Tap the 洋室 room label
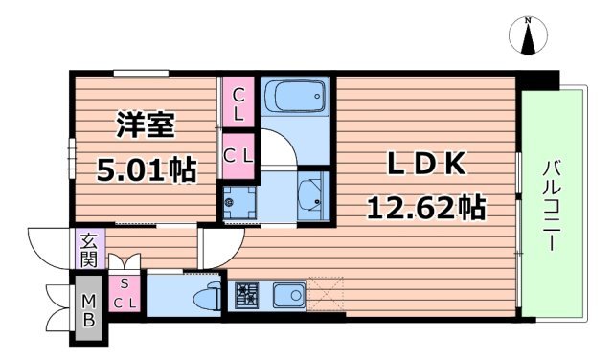pyautogui.click(x=146, y=126)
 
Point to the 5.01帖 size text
pyautogui.click(x=148, y=169)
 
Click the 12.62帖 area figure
pyautogui.click(x=423, y=206)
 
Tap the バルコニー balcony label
pyautogui.click(x=552, y=205)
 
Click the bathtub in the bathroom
pyautogui.click(x=294, y=98)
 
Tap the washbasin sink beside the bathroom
pyautogui.click(x=312, y=194)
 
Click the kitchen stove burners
pyautogui.click(x=245, y=294)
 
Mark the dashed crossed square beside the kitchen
pyautogui.click(x=325, y=294)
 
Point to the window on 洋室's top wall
pyautogui.click(x=142, y=73)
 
